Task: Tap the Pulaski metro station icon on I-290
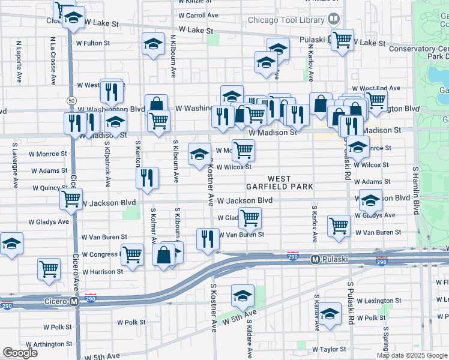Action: point(314,260)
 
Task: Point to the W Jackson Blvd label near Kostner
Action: point(245,201)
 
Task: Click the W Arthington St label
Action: point(49,344)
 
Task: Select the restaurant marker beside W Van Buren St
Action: point(206,239)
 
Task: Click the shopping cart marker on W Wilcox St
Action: point(243,149)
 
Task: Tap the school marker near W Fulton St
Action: point(153,44)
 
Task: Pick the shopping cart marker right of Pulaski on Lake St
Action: point(342,40)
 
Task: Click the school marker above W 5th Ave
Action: point(243,295)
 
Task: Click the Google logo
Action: point(20,353)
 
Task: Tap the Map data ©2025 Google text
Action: point(412,355)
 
